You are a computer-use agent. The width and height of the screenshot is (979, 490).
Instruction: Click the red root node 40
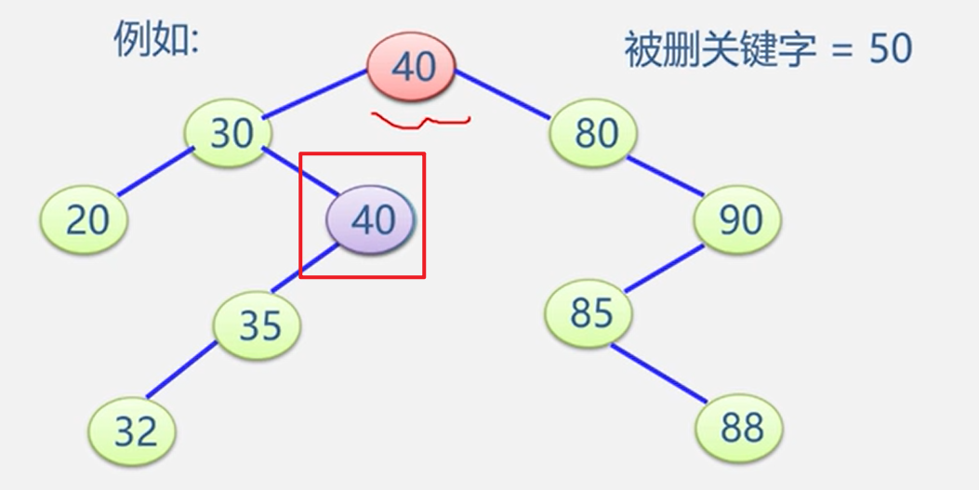tap(412, 66)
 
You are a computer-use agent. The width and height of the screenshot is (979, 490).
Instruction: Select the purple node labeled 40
tap(372, 219)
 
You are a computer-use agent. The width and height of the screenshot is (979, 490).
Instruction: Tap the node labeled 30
tap(231, 134)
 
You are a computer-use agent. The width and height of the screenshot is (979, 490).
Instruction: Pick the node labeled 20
tap(86, 220)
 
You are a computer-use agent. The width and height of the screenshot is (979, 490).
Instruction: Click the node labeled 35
tap(258, 325)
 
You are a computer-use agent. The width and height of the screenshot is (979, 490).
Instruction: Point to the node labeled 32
tap(133, 431)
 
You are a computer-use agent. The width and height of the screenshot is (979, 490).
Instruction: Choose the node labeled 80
tap(595, 133)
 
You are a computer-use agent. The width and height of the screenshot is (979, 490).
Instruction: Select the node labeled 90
tap(739, 220)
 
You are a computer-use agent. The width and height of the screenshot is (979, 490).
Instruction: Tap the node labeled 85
tap(589, 312)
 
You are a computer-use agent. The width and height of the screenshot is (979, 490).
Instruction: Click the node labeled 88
tap(740, 429)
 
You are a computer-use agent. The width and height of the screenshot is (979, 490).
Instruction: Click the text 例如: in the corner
tap(156, 41)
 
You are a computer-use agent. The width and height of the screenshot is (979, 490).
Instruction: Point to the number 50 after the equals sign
tap(890, 48)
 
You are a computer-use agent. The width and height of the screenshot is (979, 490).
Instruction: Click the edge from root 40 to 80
tap(503, 94)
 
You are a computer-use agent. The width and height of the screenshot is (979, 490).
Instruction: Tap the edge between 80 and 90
tap(667, 176)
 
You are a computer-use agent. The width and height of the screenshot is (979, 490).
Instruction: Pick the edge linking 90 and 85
tap(664, 267)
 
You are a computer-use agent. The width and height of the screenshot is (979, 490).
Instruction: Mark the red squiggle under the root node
tap(420, 121)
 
